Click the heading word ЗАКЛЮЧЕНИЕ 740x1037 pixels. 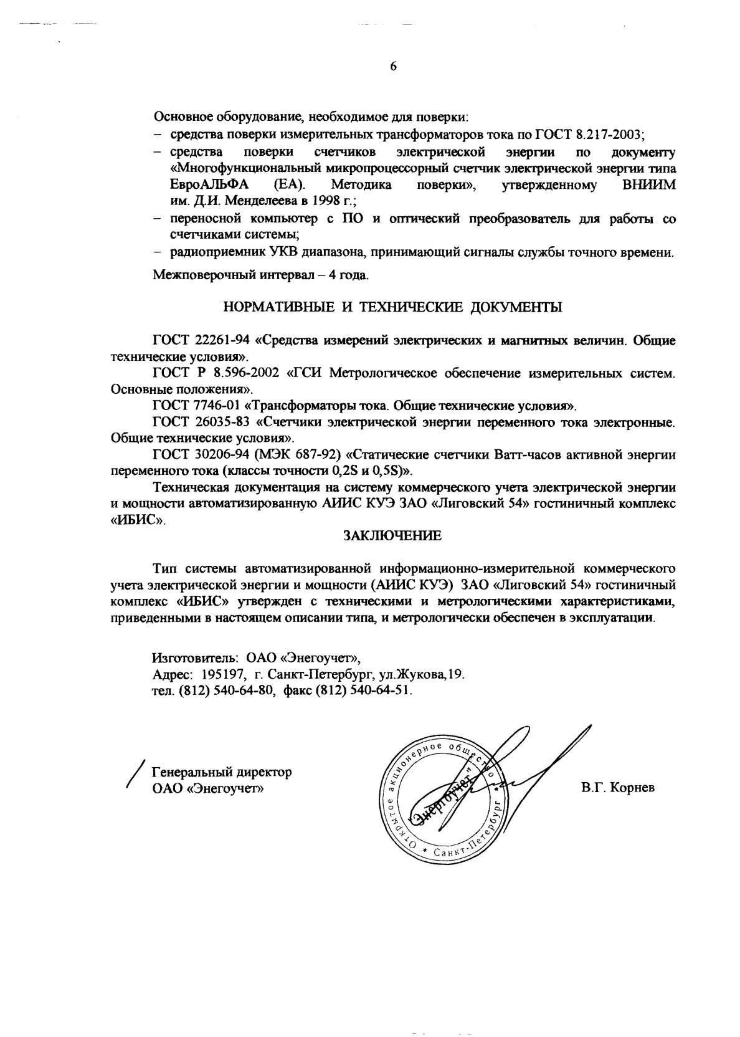(392, 535)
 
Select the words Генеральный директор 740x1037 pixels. (222, 773)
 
